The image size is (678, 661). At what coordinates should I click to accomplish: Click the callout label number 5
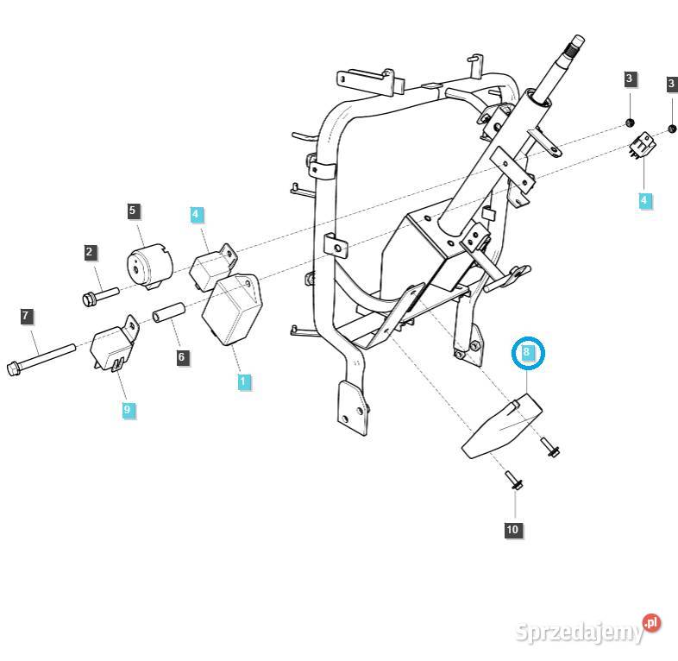(x=132, y=210)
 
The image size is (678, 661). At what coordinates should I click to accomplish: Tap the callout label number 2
(x=90, y=252)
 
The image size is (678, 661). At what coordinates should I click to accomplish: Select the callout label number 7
(x=27, y=316)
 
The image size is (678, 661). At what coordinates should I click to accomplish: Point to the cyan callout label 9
(x=128, y=409)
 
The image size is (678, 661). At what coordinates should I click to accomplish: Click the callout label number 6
(x=181, y=356)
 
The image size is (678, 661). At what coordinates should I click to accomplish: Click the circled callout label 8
(x=528, y=352)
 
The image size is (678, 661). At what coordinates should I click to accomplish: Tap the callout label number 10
(x=512, y=529)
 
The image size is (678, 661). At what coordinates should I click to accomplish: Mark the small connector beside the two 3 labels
(x=642, y=147)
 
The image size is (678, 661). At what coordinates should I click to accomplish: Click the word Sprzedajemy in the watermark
(x=579, y=633)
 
